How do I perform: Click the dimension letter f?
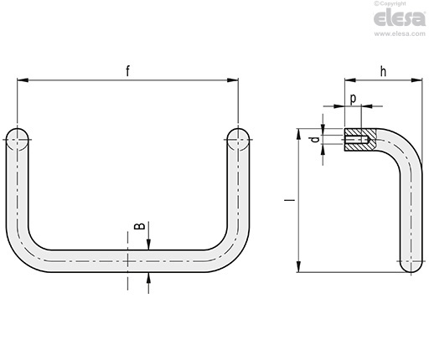(x=128, y=71)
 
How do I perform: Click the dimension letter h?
(x=383, y=71)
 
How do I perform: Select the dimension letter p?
(x=353, y=98)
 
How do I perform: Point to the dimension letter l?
(x=288, y=201)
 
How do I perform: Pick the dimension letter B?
(x=141, y=226)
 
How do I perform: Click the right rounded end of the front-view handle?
(x=238, y=137)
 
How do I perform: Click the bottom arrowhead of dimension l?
(x=298, y=267)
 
